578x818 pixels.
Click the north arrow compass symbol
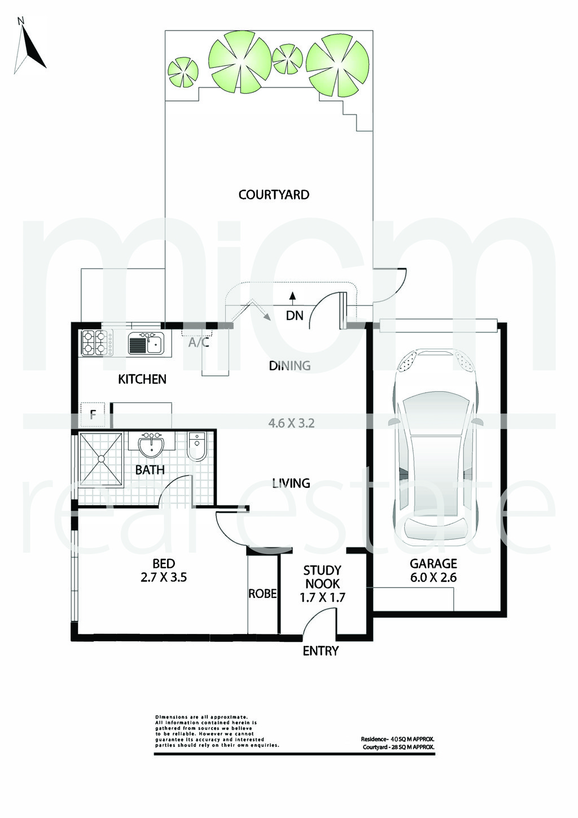click(x=30, y=46)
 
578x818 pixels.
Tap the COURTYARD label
click(x=274, y=195)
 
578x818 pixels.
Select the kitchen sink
click(x=146, y=344)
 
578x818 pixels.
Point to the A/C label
click(x=199, y=343)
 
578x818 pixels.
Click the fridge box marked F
click(x=93, y=415)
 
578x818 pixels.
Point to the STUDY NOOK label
click(x=322, y=577)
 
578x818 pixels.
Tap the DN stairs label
click(x=295, y=316)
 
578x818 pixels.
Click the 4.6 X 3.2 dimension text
click(x=291, y=423)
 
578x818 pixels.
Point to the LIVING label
click(x=291, y=483)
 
